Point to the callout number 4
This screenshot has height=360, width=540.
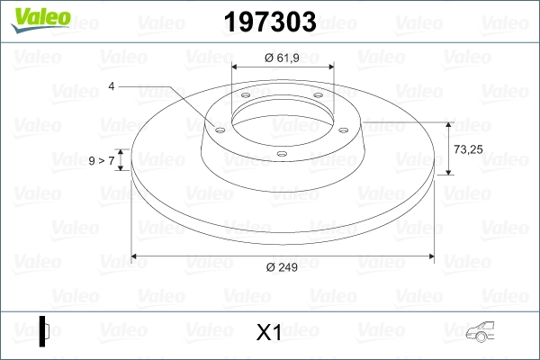click(112, 86)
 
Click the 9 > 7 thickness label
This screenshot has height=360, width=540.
click(103, 160)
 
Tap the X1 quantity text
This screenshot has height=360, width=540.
click(270, 332)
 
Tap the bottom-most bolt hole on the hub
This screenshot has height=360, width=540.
click(282, 154)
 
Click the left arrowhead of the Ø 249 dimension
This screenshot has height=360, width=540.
click(136, 257)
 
